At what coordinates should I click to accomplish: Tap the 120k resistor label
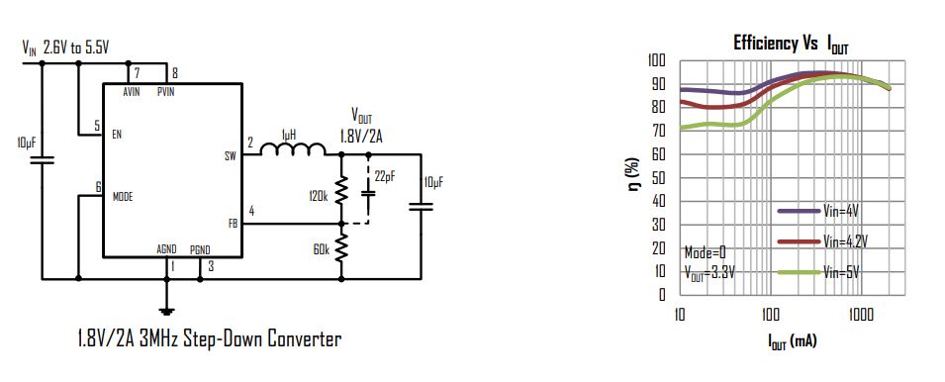[x=318, y=196]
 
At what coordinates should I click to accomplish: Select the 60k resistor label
[x=320, y=250]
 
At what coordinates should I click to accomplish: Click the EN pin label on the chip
[x=118, y=134]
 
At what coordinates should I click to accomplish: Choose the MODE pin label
[x=123, y=196]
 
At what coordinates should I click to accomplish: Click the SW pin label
[x=230, y=155]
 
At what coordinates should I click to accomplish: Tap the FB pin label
[x=233, y=224]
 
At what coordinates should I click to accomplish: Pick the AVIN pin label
[x=132, y=91]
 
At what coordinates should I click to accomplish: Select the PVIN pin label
[x=166, y=91]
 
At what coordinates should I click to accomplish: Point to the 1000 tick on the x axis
[x=860, y=315]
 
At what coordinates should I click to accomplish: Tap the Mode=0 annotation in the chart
[x=704, y=252]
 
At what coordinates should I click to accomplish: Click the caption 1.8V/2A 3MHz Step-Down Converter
[x=209, y=339]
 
